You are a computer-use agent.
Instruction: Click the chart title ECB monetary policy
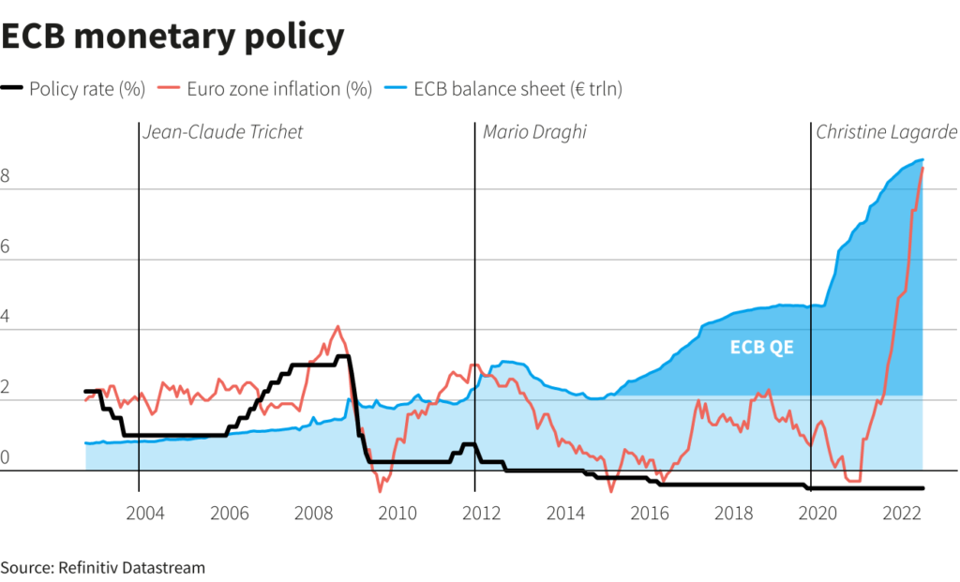pos(172,37)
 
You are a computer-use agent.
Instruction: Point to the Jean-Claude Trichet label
pos(223,132)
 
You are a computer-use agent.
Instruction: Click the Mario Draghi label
pos(534,132)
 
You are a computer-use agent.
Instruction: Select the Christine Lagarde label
pos(886,132)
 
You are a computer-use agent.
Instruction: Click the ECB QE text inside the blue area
pos(760,348)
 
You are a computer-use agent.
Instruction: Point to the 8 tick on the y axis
pos(6,176)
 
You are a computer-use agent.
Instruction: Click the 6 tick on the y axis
pos(6,246)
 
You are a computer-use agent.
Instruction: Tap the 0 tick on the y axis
pos(6,457)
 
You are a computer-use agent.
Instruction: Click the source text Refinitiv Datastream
pos(103,567)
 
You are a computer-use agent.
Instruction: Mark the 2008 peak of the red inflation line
pos(337,327)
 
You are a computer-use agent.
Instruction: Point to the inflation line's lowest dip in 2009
pos(381,490)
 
